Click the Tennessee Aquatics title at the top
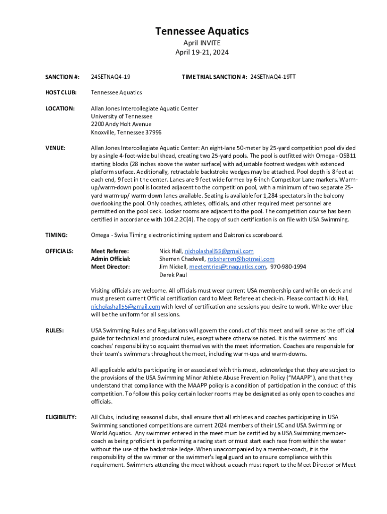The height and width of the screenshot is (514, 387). click(x=202, y=32)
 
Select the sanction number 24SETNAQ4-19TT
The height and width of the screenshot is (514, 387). click(x=273, y=77)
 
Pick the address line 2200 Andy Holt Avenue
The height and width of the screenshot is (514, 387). click(x=121, y=124)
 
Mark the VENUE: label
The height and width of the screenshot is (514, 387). click(x=55, y=148)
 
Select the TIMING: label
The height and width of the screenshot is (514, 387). click(x=55, y=235)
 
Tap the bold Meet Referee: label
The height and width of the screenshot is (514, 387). click(x=110, y=251)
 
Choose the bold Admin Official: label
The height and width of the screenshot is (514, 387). click(x=111, y=259)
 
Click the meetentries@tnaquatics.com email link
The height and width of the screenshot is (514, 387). click(x=228, y=267)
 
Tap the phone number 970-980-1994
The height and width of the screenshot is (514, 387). click(x=288, y=267)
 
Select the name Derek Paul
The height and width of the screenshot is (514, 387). click(x=173, y=275)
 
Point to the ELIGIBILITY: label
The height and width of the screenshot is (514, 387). click(x=61, y=417)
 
